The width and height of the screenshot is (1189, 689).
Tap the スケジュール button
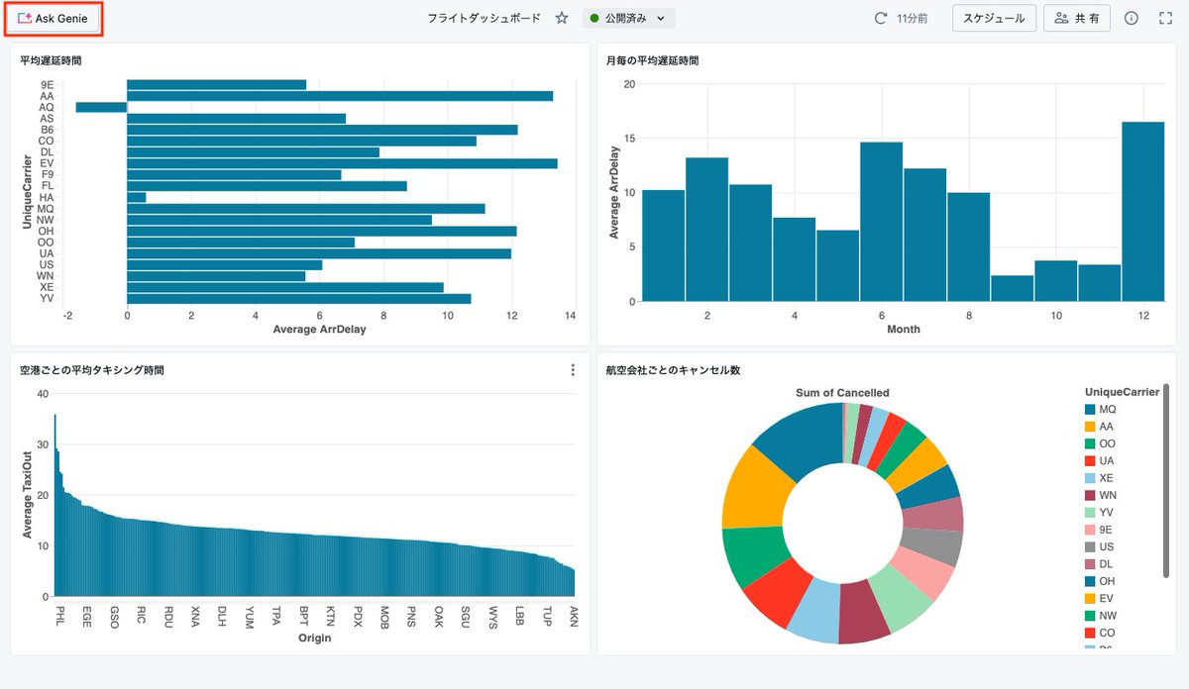click(994, 18)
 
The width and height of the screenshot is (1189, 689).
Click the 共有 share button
click(1076, 18)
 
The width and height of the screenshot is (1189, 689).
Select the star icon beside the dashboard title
click(562, 18)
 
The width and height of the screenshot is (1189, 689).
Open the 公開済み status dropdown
click(628, 18)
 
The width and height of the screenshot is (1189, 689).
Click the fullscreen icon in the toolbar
click(1165, 18)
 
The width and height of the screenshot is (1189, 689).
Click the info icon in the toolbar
click(1132, 18)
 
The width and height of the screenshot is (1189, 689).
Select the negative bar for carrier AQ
click(101, 107)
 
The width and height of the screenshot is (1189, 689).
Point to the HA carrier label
click(48, 197)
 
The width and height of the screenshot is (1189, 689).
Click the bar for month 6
click(881, 222)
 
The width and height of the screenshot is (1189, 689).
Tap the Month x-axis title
click(903, 330)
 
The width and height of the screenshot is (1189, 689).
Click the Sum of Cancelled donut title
click(842, 393)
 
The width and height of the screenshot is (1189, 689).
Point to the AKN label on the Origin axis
click(574, 616)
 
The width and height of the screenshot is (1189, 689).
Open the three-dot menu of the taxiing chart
click(573, 370)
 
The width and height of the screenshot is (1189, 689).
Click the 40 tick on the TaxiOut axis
click(42, 394)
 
